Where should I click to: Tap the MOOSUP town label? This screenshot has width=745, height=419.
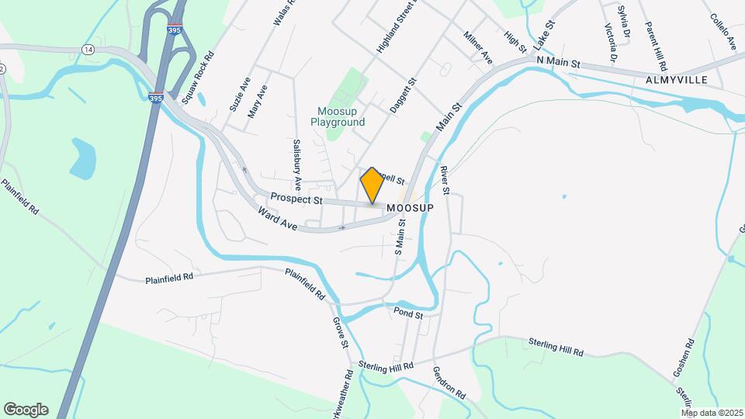[409, 209]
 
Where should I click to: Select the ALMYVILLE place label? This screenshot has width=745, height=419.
[678, 80]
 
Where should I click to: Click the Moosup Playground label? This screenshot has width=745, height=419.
[338, 116]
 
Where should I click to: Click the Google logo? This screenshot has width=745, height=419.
[26, 409]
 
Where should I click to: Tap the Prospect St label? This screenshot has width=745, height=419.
[296, 199]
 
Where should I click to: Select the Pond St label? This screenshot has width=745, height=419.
[407, 314]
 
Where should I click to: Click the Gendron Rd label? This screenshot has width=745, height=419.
[449, 383]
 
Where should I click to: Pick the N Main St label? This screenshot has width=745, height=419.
[559, 61]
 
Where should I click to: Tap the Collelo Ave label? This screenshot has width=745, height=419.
[722, 29]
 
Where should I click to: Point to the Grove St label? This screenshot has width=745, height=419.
[340, 333]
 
